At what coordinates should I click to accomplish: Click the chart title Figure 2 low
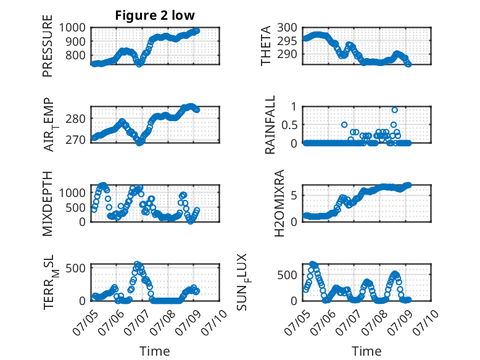coord(155,15)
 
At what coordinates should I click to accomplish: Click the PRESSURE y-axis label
coord(48,46)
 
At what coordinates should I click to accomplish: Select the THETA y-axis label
coord(266,46)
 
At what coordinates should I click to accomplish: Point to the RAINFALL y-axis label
coord(270,124)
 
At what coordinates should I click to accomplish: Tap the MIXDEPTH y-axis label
coord(48,204)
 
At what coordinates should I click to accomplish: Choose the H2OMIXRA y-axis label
coord(279,203)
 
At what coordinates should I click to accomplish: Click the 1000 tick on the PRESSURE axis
coord(72,28)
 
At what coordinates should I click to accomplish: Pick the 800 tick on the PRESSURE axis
coord(76,56)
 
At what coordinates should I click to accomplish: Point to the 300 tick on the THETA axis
coord(287,28)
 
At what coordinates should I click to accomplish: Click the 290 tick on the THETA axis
coord(287,54)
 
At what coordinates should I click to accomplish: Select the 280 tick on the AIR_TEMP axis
coord(76,119)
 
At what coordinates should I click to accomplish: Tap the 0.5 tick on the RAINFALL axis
coord(289,125)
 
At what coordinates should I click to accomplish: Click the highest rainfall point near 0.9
coord(395,110)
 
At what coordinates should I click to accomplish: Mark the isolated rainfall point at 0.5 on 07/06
coord(344,125)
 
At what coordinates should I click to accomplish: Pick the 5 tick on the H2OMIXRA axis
coord(294,196)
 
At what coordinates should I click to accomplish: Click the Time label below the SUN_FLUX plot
coord(366,351)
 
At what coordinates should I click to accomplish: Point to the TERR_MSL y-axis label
coord(51,282)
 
